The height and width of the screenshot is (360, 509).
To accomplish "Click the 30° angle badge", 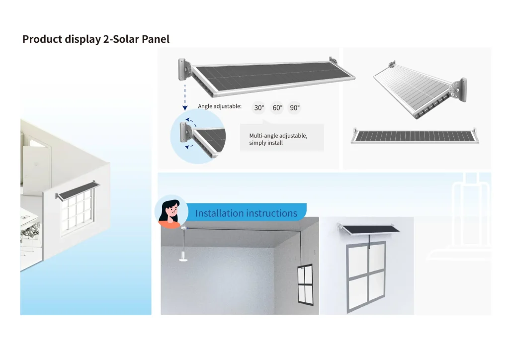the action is click(259, 108).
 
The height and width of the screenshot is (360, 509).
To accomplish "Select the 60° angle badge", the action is click(277, 108).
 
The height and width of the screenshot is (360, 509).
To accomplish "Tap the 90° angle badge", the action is click(295, 108).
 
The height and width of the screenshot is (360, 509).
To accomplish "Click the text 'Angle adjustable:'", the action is click(220, 106).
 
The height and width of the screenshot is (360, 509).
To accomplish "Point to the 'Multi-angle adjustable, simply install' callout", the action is click(282, 138).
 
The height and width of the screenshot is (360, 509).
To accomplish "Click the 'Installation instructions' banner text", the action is click(246, 213).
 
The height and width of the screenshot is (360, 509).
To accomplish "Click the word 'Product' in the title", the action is click(42, 39).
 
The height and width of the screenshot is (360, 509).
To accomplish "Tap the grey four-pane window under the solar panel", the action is click(366, 276).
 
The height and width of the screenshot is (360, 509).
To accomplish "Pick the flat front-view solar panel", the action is click(415, 136).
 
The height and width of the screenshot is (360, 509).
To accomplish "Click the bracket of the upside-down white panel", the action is click(459, 90).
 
